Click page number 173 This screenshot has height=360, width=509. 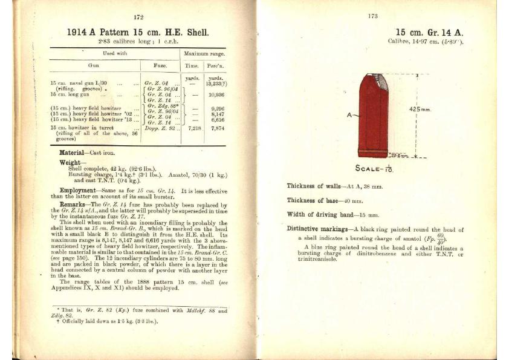click(372, 16)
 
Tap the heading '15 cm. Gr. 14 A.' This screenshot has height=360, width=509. click(429, 33)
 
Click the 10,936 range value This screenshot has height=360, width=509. click(216, 95)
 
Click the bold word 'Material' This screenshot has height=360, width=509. click(74, 152)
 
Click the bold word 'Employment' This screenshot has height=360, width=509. click(79, 189)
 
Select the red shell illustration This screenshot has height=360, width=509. click(373, 115)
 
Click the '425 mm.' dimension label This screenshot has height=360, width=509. click(419, 110)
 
